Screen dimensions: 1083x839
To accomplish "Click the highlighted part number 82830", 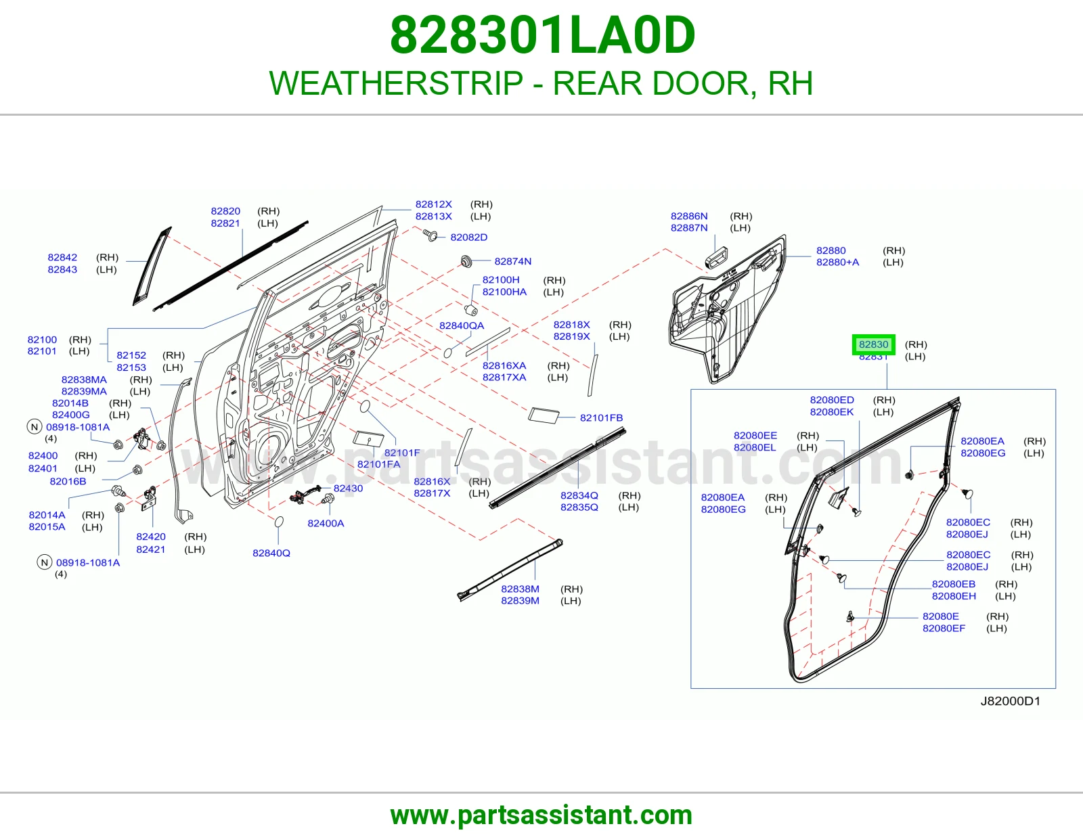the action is point(873,344).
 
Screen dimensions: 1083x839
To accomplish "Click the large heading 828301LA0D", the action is point(542,35).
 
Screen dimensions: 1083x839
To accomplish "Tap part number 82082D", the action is point(468,237).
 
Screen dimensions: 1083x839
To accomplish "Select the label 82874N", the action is point(513,261).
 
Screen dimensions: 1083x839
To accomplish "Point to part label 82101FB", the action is point(601,417).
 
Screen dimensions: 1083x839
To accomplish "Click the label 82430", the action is point(348,489).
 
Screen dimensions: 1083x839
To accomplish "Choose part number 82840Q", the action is point(271,553).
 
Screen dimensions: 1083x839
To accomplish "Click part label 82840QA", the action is point(462,325).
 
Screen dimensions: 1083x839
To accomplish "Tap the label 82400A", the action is point(326,523).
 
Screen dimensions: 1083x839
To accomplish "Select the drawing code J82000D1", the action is point(1010,701).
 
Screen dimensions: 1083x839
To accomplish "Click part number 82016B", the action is point(68,481).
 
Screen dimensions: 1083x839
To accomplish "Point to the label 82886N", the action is point(689,216).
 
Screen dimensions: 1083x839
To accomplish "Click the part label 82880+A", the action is point(837,262).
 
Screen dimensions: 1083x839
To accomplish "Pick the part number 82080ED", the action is point(832,400).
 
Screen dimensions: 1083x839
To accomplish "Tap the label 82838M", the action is point(520,589).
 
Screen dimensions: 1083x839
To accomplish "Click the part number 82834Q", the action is point(579,495).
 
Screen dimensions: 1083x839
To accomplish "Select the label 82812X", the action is point(433,204).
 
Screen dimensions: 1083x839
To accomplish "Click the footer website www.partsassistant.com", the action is point(541,815).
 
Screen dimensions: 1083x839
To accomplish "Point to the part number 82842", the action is point(62,257).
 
